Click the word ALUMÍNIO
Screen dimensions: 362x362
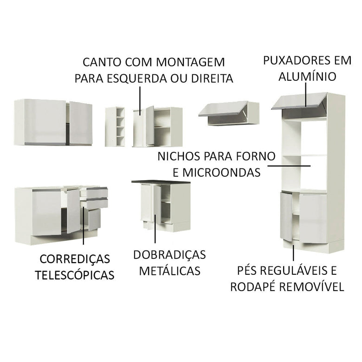pos(307,76)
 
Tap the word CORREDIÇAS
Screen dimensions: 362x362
pos(75,259)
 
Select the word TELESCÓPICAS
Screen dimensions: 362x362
pos(75,275)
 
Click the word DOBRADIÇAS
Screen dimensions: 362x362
pos(169,254)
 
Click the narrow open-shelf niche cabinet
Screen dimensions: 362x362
pos(115,127)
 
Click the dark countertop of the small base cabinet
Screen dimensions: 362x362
pos(161,182)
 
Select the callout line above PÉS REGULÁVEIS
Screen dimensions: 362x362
pos(293,252)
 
